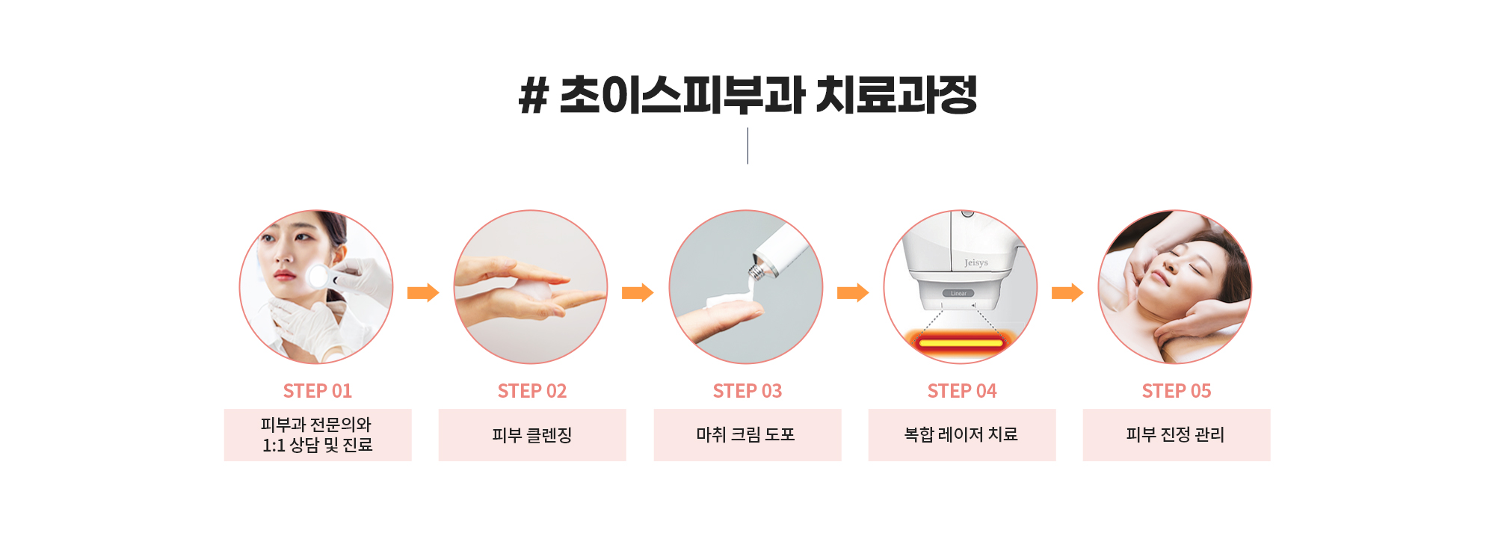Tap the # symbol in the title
tap(534, 96)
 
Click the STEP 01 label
tap(318, 391)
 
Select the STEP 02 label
tap(532, 391)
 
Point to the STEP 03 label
tap(747, 391)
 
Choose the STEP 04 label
tap(962, 391)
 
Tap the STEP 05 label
tap(1177, 391)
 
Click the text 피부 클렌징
tap(532, 435)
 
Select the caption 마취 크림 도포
tap(746, 435)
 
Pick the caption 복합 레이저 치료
tap(961, 435)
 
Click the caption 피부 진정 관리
tap(1176, 435)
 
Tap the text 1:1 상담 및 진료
tap(318, 446)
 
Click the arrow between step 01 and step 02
tap(423, 292)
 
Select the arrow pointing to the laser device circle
tap(853, 292)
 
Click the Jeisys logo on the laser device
tap(976, 263)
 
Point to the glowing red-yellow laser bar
tap(961, 343)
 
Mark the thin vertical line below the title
tap(747, 146)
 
